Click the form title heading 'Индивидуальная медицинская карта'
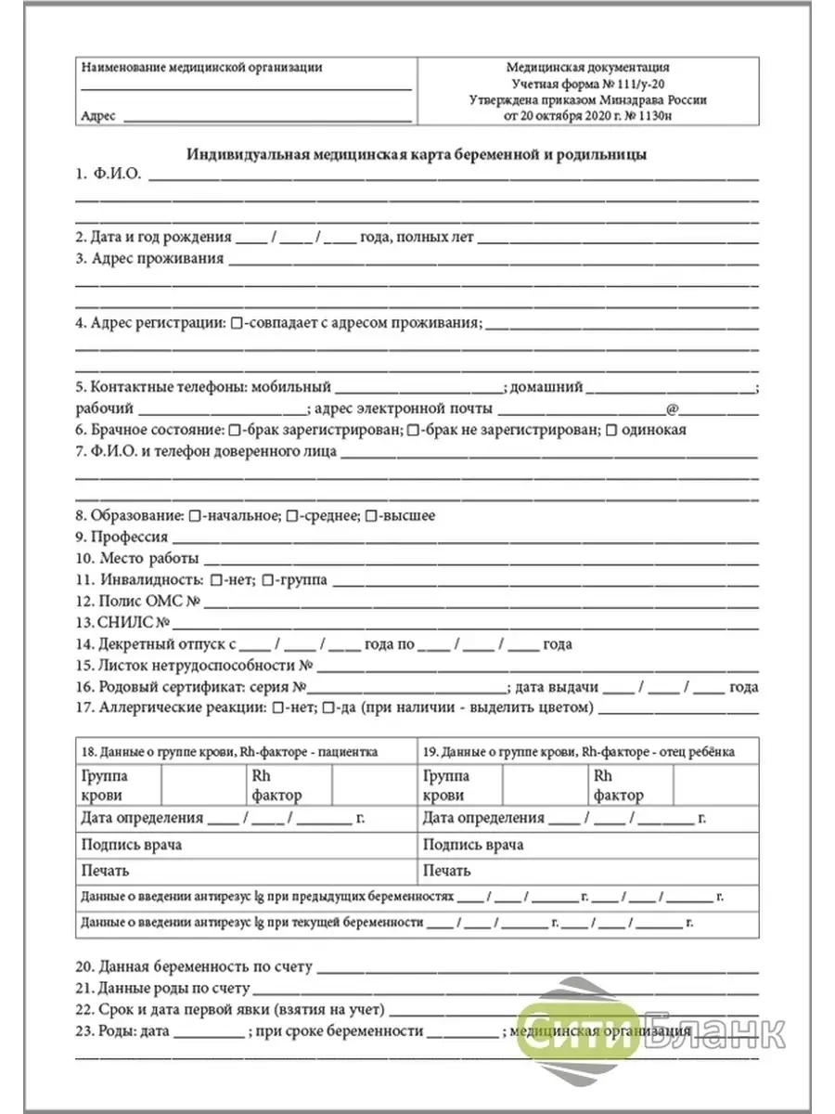click(417, 154)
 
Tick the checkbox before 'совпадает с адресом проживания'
click(237, 323)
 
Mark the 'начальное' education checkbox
click(194, 515)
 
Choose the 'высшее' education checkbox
click(371, 515)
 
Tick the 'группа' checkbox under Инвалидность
click(267, 580)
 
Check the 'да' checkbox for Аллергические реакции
click(328, 709)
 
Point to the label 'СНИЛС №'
click(122, 623)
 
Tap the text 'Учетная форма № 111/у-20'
click(587, 84)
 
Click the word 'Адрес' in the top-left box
click(98, 117)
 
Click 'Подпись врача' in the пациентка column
click(132, 845)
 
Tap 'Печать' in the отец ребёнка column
click(447, 871)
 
